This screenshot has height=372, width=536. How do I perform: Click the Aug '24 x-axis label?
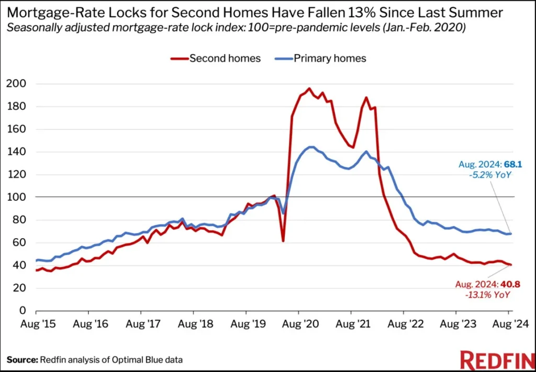point(508,324)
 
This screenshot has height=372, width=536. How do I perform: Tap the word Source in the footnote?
point(22,359)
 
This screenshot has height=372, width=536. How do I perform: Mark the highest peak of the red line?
point(309,88)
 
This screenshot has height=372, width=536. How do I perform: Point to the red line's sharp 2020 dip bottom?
point(283,241)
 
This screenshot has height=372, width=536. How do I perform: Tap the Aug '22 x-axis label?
point(404,324)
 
